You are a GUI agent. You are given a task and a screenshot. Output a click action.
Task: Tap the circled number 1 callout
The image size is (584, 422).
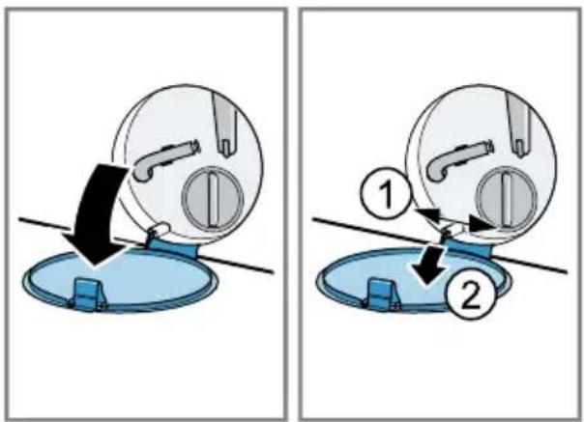click(386, 194)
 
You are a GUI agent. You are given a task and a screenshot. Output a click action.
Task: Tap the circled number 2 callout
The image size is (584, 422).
click(471, 295)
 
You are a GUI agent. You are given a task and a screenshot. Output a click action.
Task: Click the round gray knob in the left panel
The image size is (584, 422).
click(213, 198)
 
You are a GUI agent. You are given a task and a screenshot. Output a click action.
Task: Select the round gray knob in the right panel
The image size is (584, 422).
click(506, 199)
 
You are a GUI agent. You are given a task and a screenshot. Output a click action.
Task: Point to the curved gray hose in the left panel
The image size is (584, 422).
click(163, 159)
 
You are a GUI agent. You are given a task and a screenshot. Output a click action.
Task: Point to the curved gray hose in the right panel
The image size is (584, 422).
click(457, 160)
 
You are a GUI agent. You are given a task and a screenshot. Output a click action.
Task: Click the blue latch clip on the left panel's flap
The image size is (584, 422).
click(89, 294)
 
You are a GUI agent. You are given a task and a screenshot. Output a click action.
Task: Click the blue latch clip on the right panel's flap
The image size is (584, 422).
click(383, 295)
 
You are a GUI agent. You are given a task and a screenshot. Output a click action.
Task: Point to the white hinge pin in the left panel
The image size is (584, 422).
click(161, 228)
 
